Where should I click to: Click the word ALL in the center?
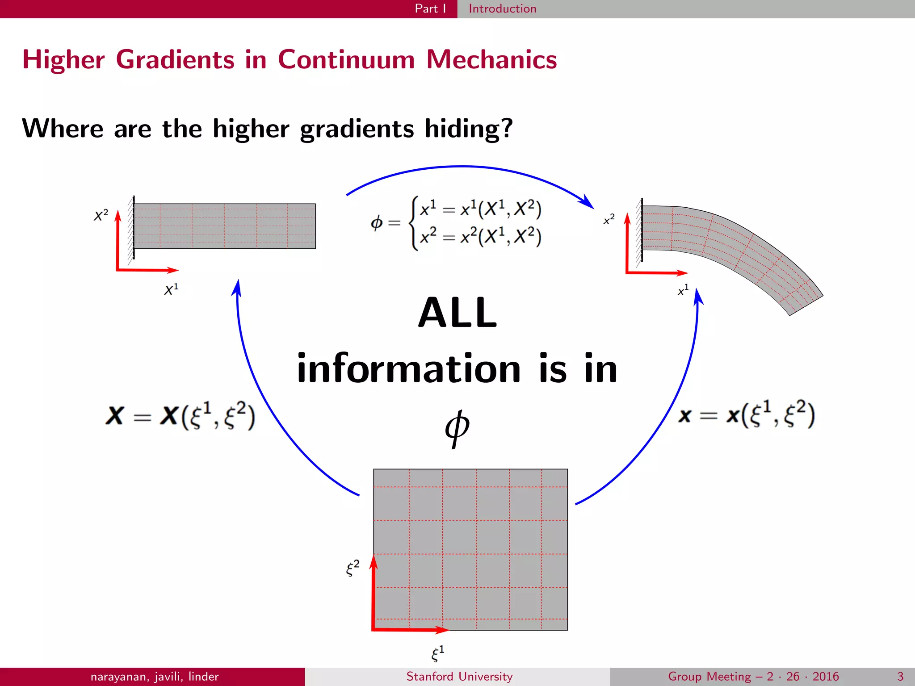(457, 313)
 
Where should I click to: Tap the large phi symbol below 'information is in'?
(457, 428)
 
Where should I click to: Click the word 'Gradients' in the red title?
(175, 59)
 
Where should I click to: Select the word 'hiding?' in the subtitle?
(468, 129)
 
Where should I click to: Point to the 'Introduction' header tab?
(502, 8)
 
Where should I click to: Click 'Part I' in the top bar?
(430, 8)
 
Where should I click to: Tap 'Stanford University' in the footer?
(459, 676)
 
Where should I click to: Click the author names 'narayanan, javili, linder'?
(155, 676)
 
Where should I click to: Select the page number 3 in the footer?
(900, 676)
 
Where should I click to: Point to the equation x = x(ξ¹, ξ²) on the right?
(747, 414)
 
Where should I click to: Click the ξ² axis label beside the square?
(353, 568)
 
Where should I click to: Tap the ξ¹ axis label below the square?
(437, 653)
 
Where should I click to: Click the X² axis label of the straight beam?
(101, 215)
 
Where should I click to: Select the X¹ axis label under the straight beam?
(171, 289)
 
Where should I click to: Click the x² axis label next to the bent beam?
(609, 219)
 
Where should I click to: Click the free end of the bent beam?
(806, 305)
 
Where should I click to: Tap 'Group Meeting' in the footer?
(709, 676)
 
